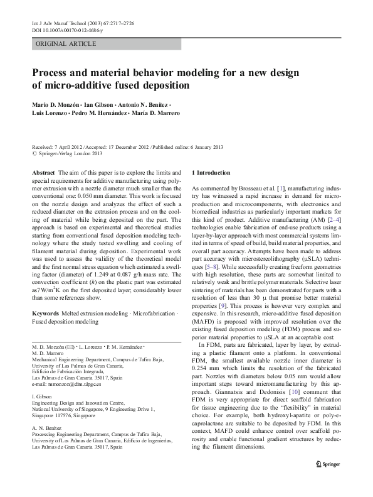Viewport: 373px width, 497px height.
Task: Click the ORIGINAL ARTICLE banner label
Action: pos(66,43)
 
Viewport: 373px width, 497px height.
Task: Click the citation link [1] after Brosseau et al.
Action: pos(277,188)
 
